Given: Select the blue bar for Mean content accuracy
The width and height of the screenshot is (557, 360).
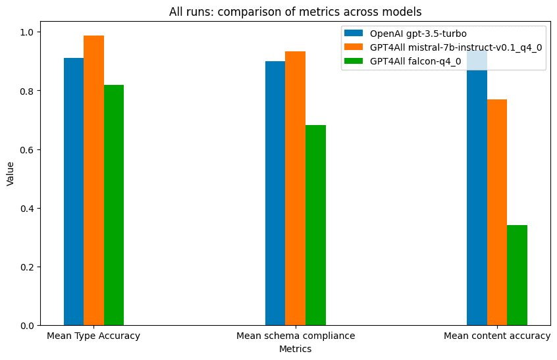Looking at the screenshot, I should (477, 197).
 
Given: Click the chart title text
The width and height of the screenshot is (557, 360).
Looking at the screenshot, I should (295, 11).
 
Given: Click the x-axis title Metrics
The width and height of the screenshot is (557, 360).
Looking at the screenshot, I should (295, 349).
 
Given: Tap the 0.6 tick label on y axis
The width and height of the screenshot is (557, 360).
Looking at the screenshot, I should (26, 149).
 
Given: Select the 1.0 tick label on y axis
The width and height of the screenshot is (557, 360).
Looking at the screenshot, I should (26, 32).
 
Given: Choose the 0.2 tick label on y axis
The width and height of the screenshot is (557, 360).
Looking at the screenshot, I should (26, 267).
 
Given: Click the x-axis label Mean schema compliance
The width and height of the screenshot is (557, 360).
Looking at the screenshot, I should (295, 336).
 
